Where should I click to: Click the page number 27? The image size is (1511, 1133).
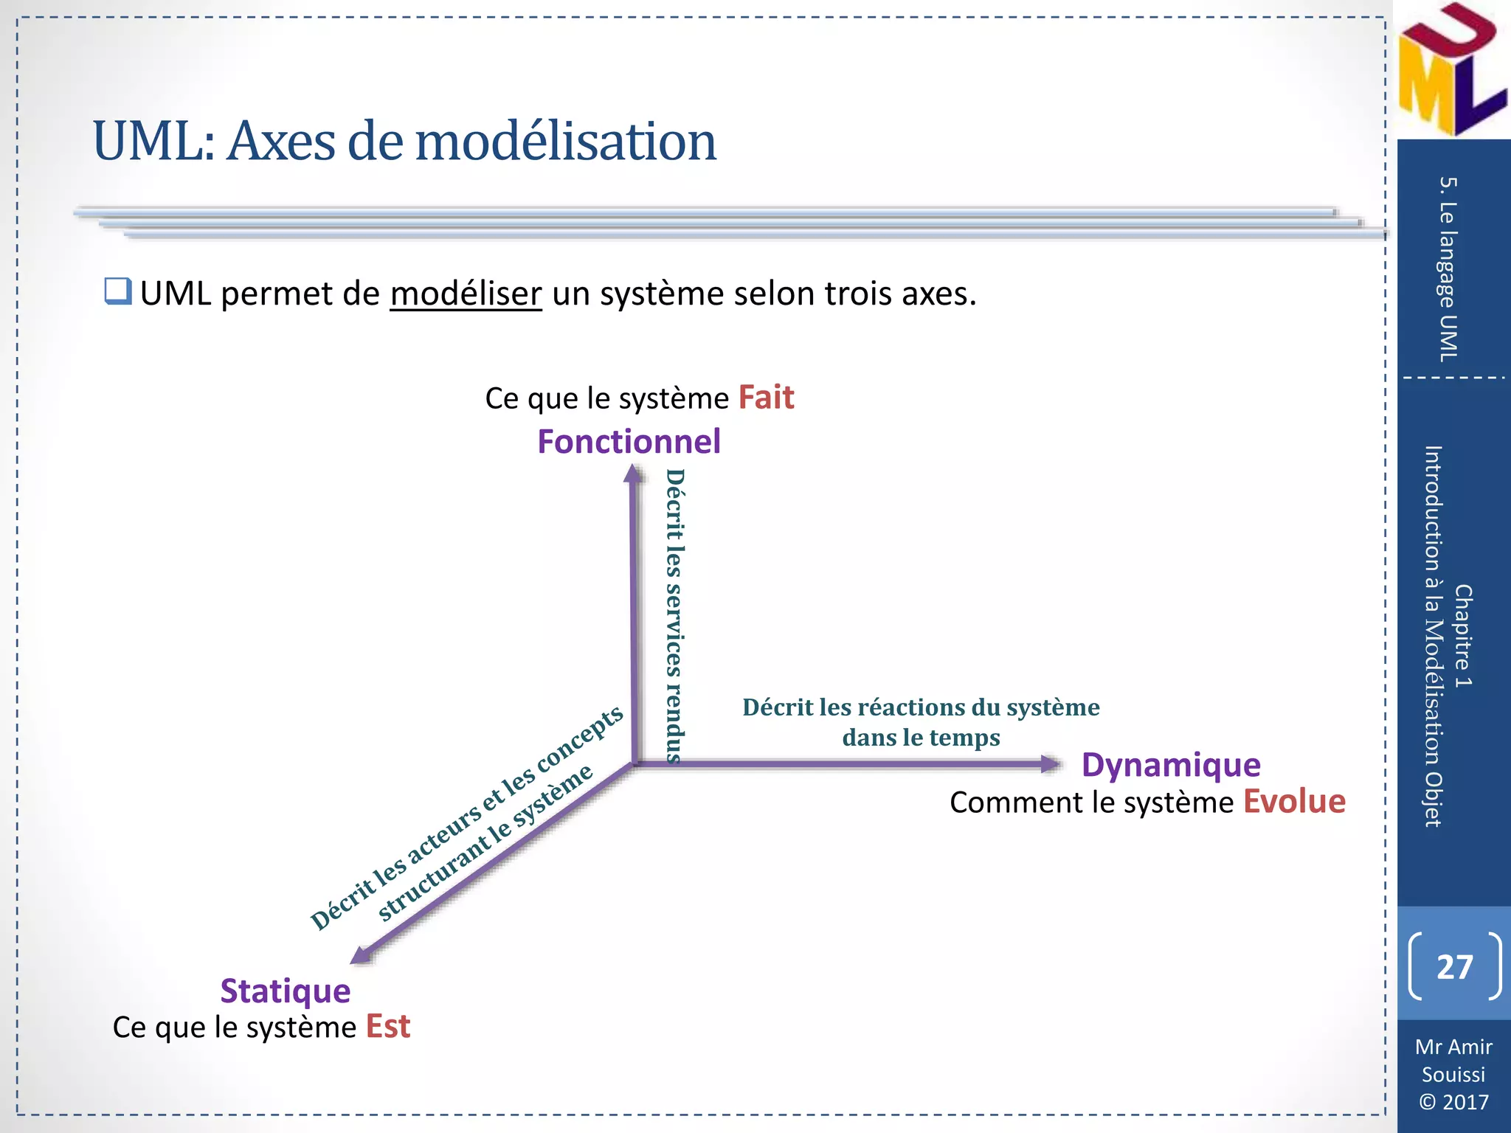point(1454,966)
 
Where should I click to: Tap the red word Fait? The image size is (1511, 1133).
point(766,398)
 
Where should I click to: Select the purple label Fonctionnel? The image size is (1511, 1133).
point(629,442)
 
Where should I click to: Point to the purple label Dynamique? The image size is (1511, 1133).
point(1171,765)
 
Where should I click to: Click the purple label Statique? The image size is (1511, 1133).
point(285,991)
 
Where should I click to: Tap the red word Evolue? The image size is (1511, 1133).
point(1294,802)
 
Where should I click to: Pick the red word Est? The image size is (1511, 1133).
point(388,1027)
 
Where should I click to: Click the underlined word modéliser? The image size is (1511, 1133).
point(466,294)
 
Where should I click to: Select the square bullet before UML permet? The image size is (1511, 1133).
point(117,291)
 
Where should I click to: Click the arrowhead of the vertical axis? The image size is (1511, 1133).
point(633,473)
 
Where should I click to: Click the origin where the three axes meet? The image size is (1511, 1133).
point(635,764)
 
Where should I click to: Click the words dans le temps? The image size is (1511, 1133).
point(921,738)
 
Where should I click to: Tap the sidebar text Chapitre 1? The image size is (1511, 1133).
point(1462,636)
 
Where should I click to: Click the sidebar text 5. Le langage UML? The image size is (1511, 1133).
point(1448,269)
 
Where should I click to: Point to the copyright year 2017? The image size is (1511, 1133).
point(1465,1102)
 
